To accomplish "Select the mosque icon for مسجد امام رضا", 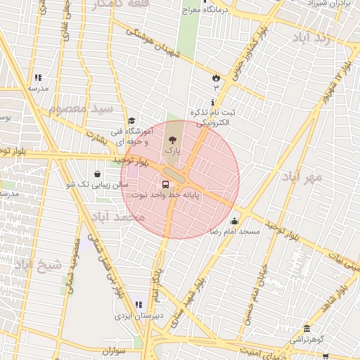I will point(234,221).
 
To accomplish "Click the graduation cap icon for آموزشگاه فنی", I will point(131,121).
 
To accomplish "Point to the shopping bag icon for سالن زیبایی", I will point(97,174).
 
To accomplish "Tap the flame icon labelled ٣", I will point(216,77).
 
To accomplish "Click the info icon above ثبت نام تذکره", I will point(212,103).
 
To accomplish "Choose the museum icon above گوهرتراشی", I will point(307,328).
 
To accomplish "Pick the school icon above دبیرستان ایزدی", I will point(139,304).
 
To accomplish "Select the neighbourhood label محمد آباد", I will point(117,217).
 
